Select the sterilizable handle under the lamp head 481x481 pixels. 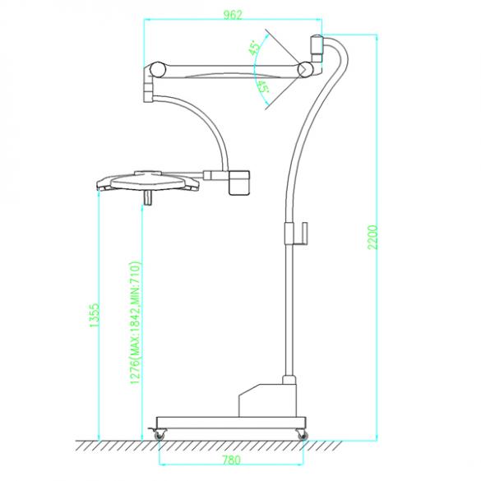(x=149, y=197)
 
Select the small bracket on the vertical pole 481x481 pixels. (x=301, y=234)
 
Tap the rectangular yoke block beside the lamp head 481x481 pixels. (x=239, y=181)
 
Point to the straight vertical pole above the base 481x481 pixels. (x=287, y=312)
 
